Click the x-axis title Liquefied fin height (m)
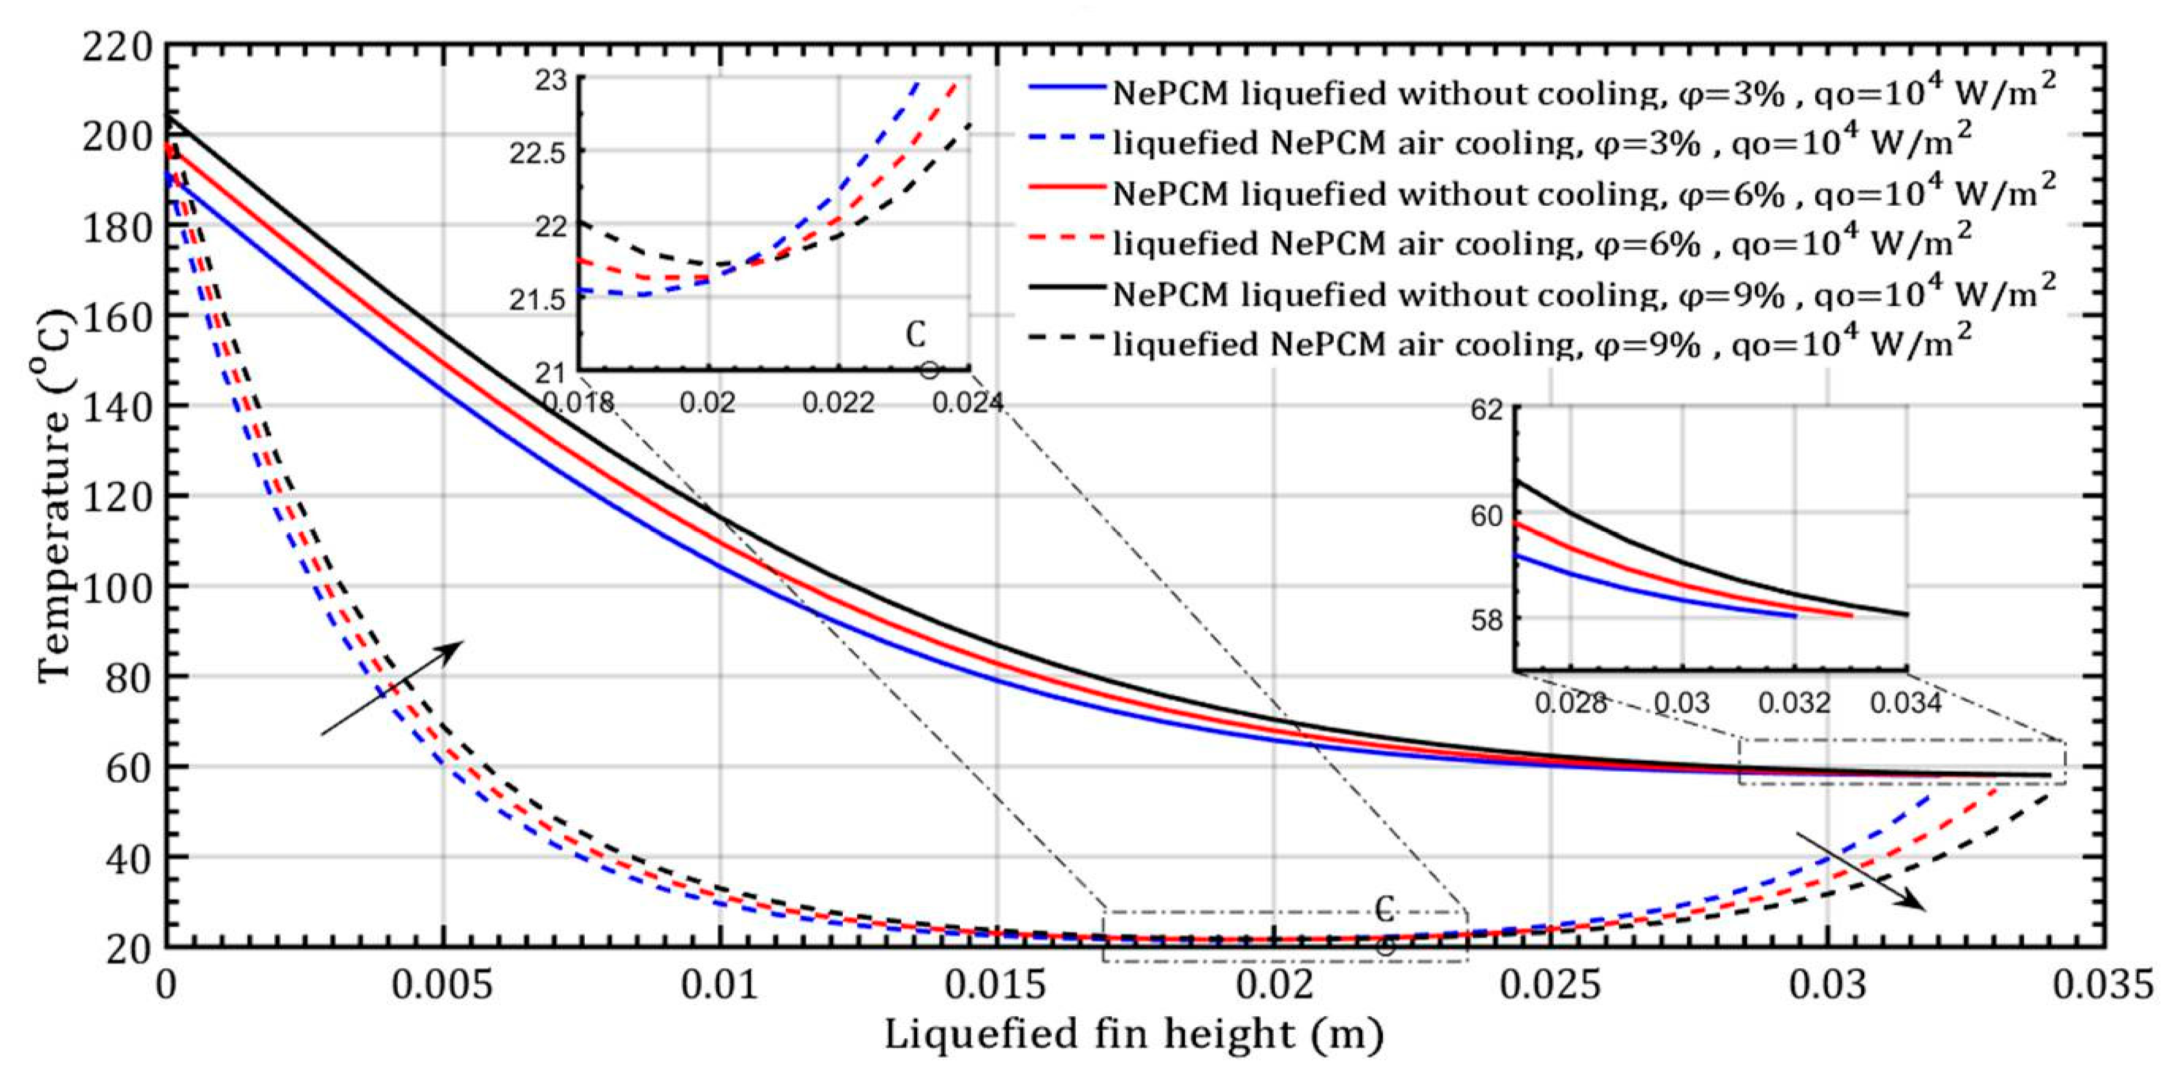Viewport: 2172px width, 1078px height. (x=1134, y=1034)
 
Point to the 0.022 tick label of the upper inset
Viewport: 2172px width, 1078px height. (x=838, y=403)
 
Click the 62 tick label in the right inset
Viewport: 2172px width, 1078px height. (x=1488, y=412)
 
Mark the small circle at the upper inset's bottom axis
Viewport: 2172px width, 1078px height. (x=929, y=370)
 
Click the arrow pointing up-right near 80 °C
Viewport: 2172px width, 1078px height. (x=392, y=687)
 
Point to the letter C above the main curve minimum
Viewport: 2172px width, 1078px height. (x=1384, y=909)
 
